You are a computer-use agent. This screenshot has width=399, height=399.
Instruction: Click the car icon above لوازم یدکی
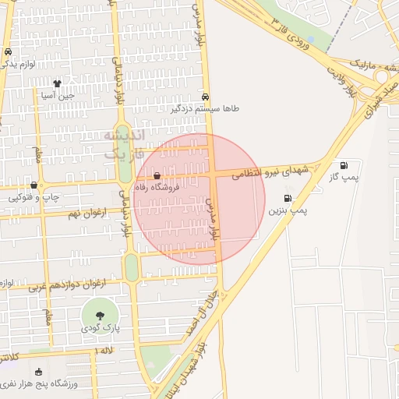coord(8,52)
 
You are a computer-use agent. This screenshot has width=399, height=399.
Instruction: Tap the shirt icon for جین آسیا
coord(57,83)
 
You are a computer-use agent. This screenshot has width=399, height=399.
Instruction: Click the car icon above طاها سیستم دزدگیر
coord(205,97)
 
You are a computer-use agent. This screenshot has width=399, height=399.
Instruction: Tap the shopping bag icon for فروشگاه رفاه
coord(158,177)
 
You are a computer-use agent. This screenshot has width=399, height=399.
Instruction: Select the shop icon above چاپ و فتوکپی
coord(33,185)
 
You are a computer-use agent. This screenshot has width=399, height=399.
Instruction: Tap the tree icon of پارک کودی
coord(100,315)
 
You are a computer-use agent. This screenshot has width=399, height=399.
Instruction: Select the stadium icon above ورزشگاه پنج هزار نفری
coord(39,372)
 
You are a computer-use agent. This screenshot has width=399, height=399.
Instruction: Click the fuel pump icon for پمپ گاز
coord(344,165)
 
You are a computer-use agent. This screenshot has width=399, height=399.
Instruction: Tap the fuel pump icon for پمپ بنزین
coord(288,199)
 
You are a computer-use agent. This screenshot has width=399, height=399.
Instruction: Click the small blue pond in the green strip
coord(309,39)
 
